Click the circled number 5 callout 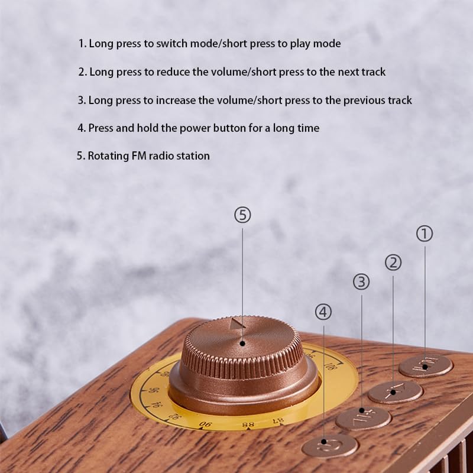coord(242,215)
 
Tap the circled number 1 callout coord(425,234)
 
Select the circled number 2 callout coord(393,263)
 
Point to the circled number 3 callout coord(361,282)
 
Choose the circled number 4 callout coord(323,312)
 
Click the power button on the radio coord(330,446)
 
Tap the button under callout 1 coord(426,366)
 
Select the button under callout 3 coord(363,419)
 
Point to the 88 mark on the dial coord(248,425)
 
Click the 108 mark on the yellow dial coord(330,366)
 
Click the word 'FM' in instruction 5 coord(139,156)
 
